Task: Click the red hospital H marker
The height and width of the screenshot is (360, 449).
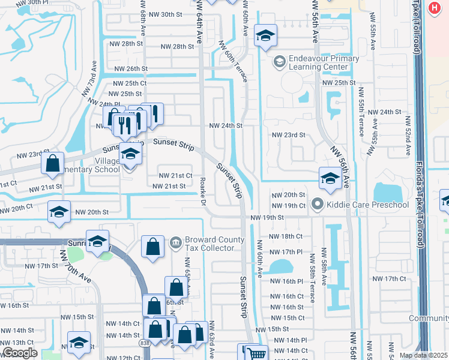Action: (x=435, y=8)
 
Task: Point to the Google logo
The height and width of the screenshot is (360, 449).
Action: (x=20, y=353)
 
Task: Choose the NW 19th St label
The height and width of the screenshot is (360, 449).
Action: (x=267, y=217)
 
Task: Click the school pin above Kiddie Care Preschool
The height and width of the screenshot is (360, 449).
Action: (x=330, y=178)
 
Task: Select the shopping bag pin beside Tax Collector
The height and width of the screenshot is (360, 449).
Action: (x=152, y=246)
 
